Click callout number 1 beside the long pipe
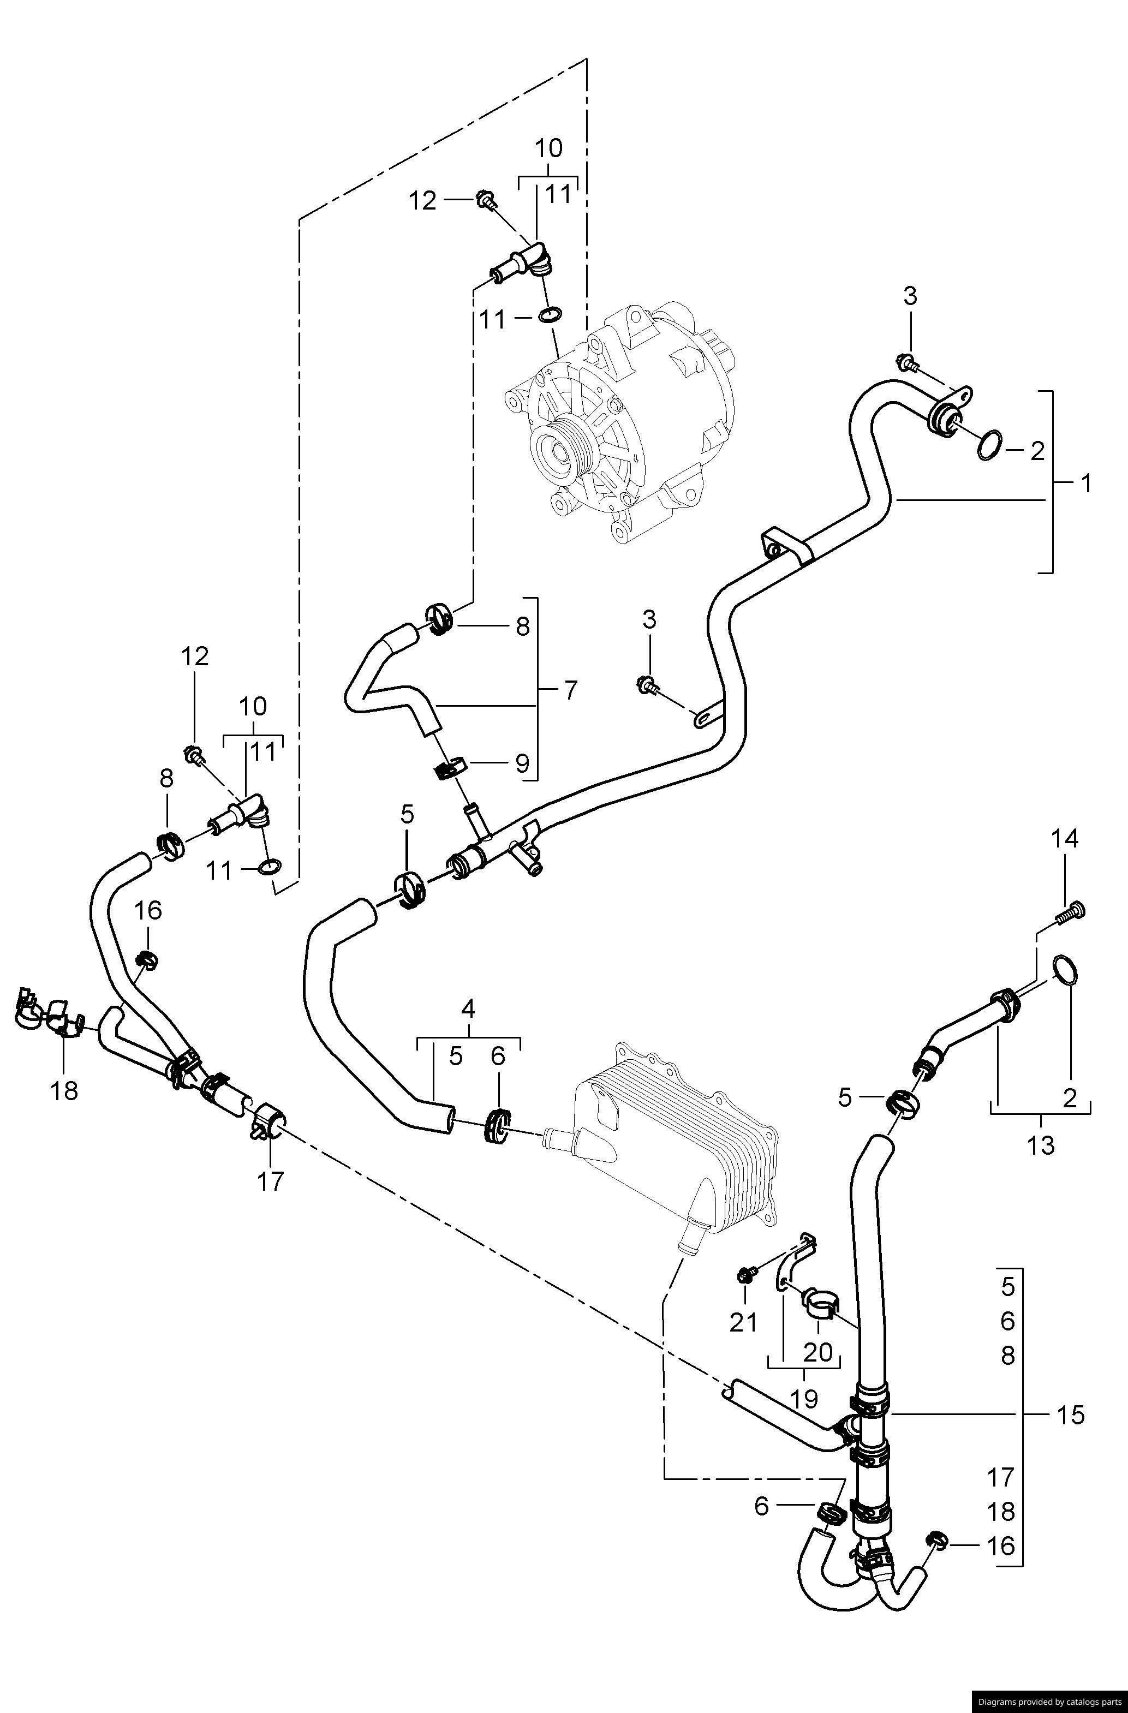[x=1085, y=483]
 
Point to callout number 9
[x=522, y=762]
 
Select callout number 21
[x=744, y=1322]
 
